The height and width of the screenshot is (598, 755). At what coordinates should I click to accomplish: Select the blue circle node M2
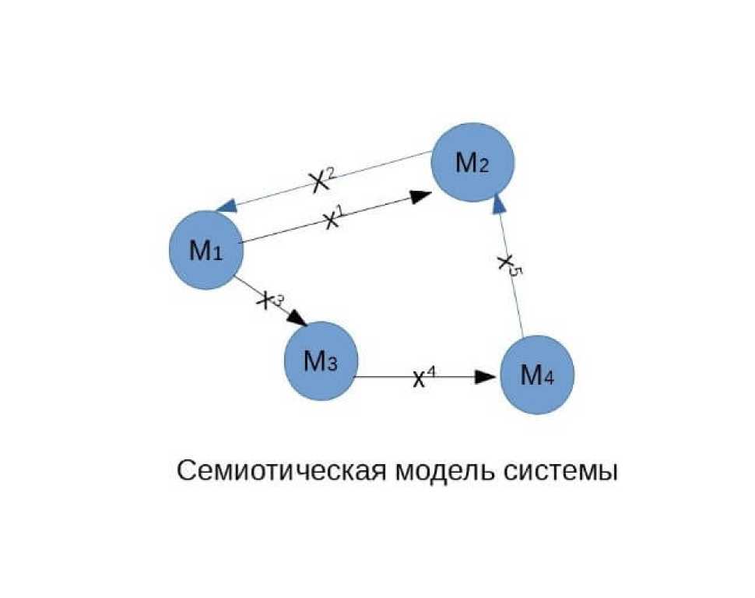[x=473, y=164]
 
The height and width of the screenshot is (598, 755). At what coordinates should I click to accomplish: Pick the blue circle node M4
[x=537, y=375]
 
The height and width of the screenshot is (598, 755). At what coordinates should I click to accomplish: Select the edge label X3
[x=270, y=299]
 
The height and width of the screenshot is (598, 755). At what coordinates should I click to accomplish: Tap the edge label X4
[x=423, y=378]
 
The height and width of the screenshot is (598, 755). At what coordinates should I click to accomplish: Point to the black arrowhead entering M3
[x=298, y=320]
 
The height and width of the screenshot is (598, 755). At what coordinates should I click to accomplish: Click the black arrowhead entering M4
[x=486, y=377]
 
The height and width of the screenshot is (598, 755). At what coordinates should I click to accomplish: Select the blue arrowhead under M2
[x=500, y=204]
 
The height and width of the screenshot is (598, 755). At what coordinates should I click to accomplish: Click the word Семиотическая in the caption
[x=279, y=471]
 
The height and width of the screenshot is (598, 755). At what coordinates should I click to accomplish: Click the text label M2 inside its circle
[x=473, y=164]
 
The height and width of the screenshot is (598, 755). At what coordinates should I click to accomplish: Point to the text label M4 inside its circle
[x=537, y=376]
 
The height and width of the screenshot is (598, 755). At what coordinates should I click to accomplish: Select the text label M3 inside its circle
[x=320, y=361]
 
